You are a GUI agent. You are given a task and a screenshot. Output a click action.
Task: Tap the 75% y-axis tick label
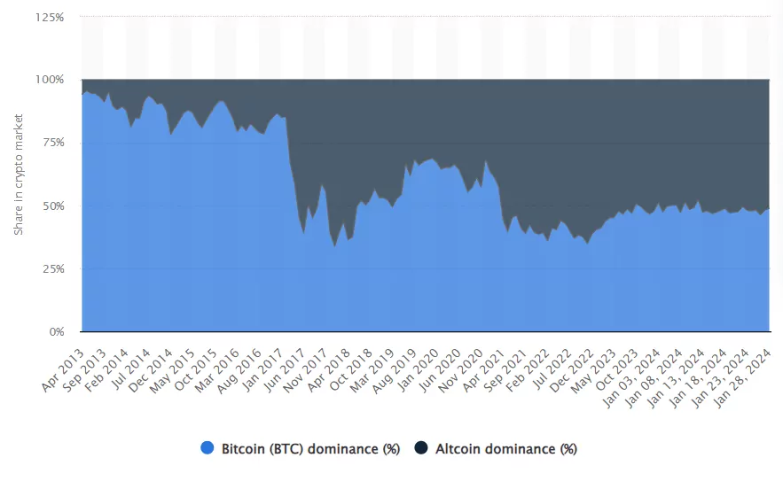[x=53, y=143]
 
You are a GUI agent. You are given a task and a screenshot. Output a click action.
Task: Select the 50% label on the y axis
[x=53, y=206]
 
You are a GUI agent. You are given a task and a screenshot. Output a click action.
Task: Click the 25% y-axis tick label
[x=53, y=269]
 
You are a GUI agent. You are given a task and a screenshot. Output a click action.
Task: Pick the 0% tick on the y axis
[x=57, y=332]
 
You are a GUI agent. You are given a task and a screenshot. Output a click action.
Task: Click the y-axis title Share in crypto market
[x=18, y=175]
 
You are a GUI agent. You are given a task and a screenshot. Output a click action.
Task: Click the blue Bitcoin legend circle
[x=207, y=449]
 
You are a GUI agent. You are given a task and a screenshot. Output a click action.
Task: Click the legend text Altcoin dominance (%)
[x=506, y=449]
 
